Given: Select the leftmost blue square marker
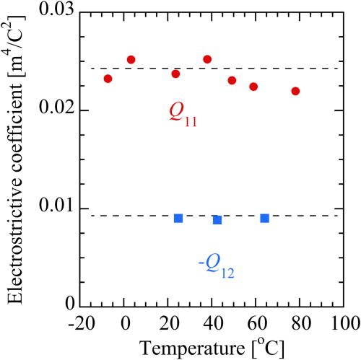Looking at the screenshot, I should click(x=178, y=218).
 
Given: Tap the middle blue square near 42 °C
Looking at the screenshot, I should click(x=217, y=219).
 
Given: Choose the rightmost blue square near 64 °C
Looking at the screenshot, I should click(x=265, y=218).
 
